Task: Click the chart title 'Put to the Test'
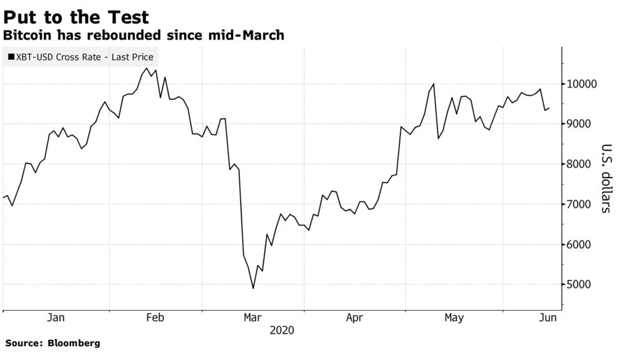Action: coord(76,16)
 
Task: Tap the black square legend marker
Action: coord(11,57)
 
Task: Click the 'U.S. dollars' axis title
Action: coord(606,178)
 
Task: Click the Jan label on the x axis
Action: coord(56,318)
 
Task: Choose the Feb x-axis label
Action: coord(155,318)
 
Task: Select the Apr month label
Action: coord(354,318)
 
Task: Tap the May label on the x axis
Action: coord(453,318)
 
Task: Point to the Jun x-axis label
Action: coord(547,318)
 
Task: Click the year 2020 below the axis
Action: coord(282,330)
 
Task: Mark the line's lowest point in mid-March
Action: coord(253,288)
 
